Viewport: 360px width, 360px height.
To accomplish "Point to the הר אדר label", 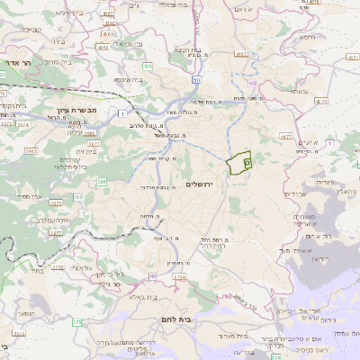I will point(17,65).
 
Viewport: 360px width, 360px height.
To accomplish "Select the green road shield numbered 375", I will point(77,321).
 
